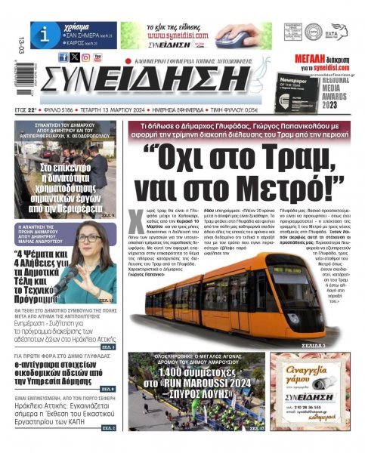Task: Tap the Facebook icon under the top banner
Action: (x=63, y=57)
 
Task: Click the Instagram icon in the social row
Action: (x=86, y=57)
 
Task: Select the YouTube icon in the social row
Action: (x=98, y=57)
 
